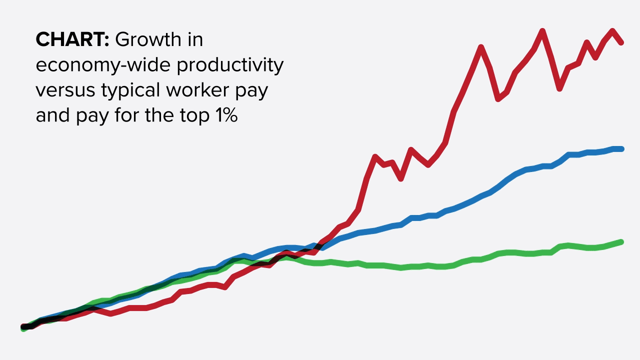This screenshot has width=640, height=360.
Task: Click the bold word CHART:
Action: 72,40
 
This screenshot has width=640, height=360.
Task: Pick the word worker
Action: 205,90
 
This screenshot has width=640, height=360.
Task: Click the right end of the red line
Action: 621,42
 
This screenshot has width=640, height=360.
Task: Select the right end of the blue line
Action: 621,149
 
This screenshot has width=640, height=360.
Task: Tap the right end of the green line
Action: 621,242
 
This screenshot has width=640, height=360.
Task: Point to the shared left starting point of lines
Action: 23,327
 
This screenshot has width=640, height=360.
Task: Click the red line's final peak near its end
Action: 612,31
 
